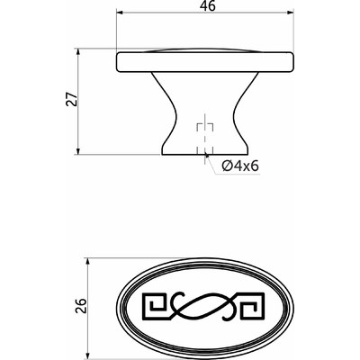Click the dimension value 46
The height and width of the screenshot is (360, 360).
208,5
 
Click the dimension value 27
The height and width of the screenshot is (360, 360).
72,99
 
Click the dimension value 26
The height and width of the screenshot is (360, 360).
81,306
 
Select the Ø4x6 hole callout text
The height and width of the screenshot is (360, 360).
240,166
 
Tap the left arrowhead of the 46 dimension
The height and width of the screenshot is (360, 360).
120,13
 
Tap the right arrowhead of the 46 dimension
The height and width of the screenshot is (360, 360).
290,13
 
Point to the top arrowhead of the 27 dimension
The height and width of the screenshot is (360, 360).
78,52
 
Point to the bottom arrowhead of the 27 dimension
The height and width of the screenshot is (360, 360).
78,151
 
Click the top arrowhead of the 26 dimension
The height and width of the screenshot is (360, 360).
87,262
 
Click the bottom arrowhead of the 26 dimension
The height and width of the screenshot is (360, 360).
87,354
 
